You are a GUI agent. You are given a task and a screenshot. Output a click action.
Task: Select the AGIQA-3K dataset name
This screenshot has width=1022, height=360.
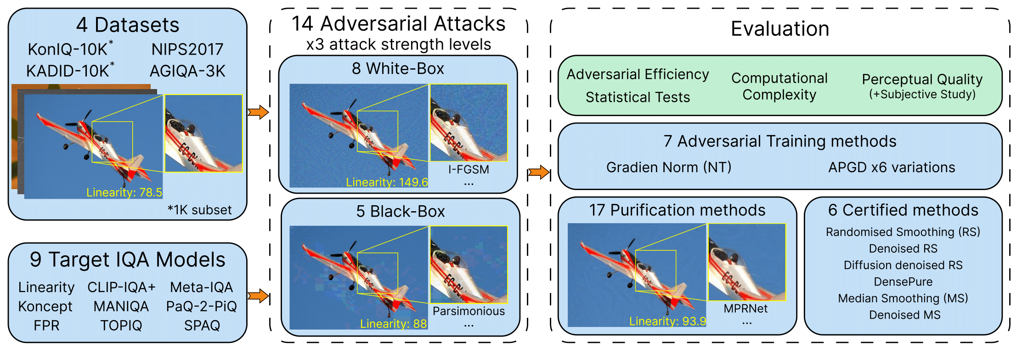point(187,71)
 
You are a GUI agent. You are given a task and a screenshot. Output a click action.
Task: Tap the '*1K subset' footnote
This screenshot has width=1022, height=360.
point(199,210)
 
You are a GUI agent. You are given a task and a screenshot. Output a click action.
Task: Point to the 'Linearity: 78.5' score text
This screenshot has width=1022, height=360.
point(124,192)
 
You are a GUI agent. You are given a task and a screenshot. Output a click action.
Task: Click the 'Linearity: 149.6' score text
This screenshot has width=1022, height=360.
point(387,182)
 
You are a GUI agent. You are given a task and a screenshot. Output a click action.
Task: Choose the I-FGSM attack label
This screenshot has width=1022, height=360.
point(469,169)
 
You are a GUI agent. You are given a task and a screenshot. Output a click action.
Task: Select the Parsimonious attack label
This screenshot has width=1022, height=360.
point(469,311)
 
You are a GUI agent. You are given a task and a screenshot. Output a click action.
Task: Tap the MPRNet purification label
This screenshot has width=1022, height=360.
point(745,309)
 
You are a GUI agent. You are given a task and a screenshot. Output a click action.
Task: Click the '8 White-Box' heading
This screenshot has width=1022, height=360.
point(398,68)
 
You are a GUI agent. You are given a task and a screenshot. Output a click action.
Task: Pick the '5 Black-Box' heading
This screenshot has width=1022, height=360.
point(400,211)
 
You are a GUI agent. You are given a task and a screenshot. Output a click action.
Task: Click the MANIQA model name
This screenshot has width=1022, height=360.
point(121,306)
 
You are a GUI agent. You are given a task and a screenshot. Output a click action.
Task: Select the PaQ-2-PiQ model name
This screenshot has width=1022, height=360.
point(202,306)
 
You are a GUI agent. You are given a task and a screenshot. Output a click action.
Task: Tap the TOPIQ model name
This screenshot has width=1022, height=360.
point(121,326)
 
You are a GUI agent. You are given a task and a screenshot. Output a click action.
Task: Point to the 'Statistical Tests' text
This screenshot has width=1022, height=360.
point(638,97)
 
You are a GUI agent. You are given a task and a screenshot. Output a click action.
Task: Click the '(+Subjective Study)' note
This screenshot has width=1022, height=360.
point(922,95)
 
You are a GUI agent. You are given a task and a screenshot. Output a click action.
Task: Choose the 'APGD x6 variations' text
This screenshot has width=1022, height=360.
point(892,168)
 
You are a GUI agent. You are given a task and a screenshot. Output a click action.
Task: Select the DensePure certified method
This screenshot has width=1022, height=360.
point(903,282)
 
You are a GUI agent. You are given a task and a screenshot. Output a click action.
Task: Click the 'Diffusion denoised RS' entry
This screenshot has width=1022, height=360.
point(903,265)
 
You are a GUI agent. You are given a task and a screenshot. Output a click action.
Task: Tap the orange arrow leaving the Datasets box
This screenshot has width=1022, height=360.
point(258,112)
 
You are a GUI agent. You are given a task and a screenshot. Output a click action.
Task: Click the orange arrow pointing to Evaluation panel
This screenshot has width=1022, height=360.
point(538,173)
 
